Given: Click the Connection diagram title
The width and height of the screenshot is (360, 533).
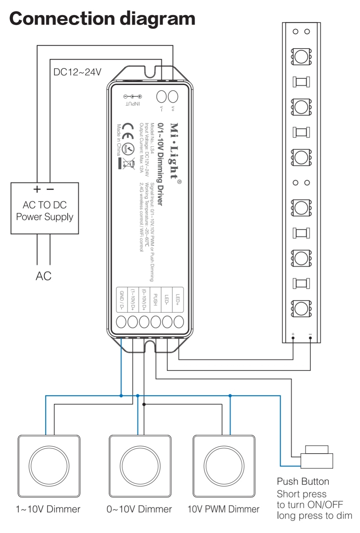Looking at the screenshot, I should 102,18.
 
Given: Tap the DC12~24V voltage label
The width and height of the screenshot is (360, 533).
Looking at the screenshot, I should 77,72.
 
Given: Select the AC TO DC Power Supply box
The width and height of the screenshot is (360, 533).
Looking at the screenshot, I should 45,208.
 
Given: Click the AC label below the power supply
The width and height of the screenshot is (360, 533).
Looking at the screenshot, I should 43,276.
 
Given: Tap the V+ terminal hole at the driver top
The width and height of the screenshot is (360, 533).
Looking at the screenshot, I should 173,96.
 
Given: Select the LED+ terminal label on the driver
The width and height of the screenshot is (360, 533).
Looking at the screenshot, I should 178,300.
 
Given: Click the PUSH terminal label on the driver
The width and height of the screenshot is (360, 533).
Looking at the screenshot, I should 155,300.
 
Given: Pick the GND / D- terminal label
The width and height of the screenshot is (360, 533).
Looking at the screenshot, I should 122,300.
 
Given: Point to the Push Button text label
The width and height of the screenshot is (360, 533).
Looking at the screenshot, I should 303,482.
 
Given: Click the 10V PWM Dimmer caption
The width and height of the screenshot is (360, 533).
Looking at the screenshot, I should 223,509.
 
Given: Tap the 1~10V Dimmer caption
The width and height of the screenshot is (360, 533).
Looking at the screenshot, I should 48,509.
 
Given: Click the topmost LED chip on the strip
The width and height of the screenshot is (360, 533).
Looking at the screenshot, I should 301,57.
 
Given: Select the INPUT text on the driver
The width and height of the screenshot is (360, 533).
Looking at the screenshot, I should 133,104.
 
